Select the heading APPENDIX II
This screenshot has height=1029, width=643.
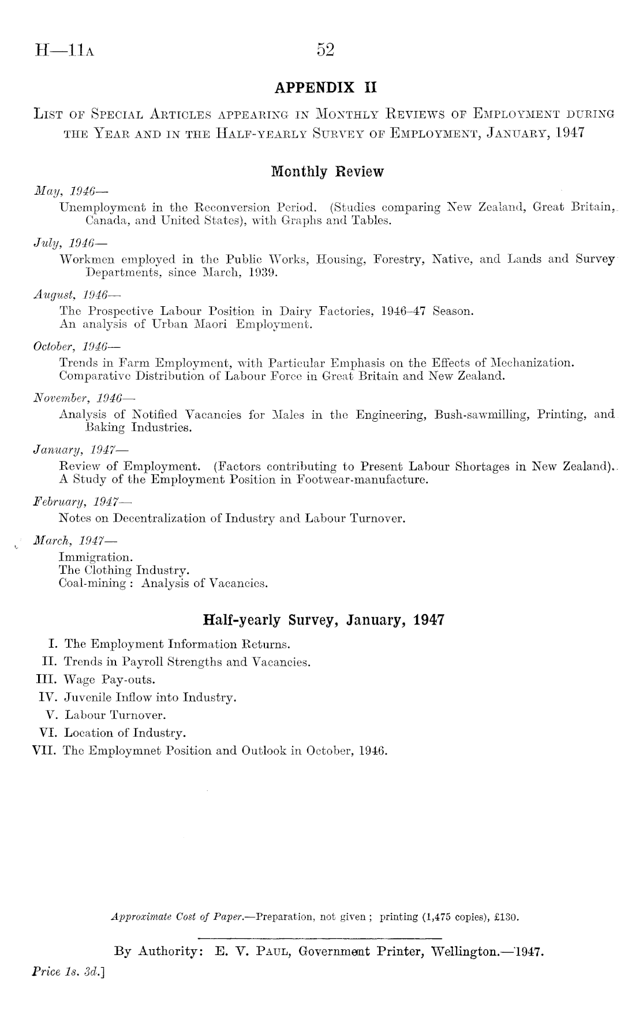(326, 88)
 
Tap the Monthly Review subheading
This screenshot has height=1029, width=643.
(326, 172)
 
